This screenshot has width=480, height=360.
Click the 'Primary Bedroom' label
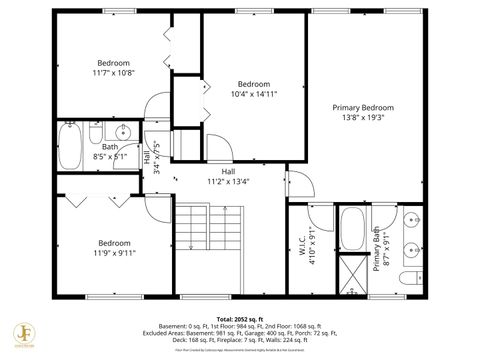[363, 107]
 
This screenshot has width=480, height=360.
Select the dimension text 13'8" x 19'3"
[363, 117]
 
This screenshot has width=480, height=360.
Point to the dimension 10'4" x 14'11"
[254, 93]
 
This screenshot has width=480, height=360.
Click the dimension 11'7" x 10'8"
[113, 72]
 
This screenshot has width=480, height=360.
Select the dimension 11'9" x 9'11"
[113, 253]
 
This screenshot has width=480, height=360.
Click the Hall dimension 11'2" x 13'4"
[228, 182]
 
